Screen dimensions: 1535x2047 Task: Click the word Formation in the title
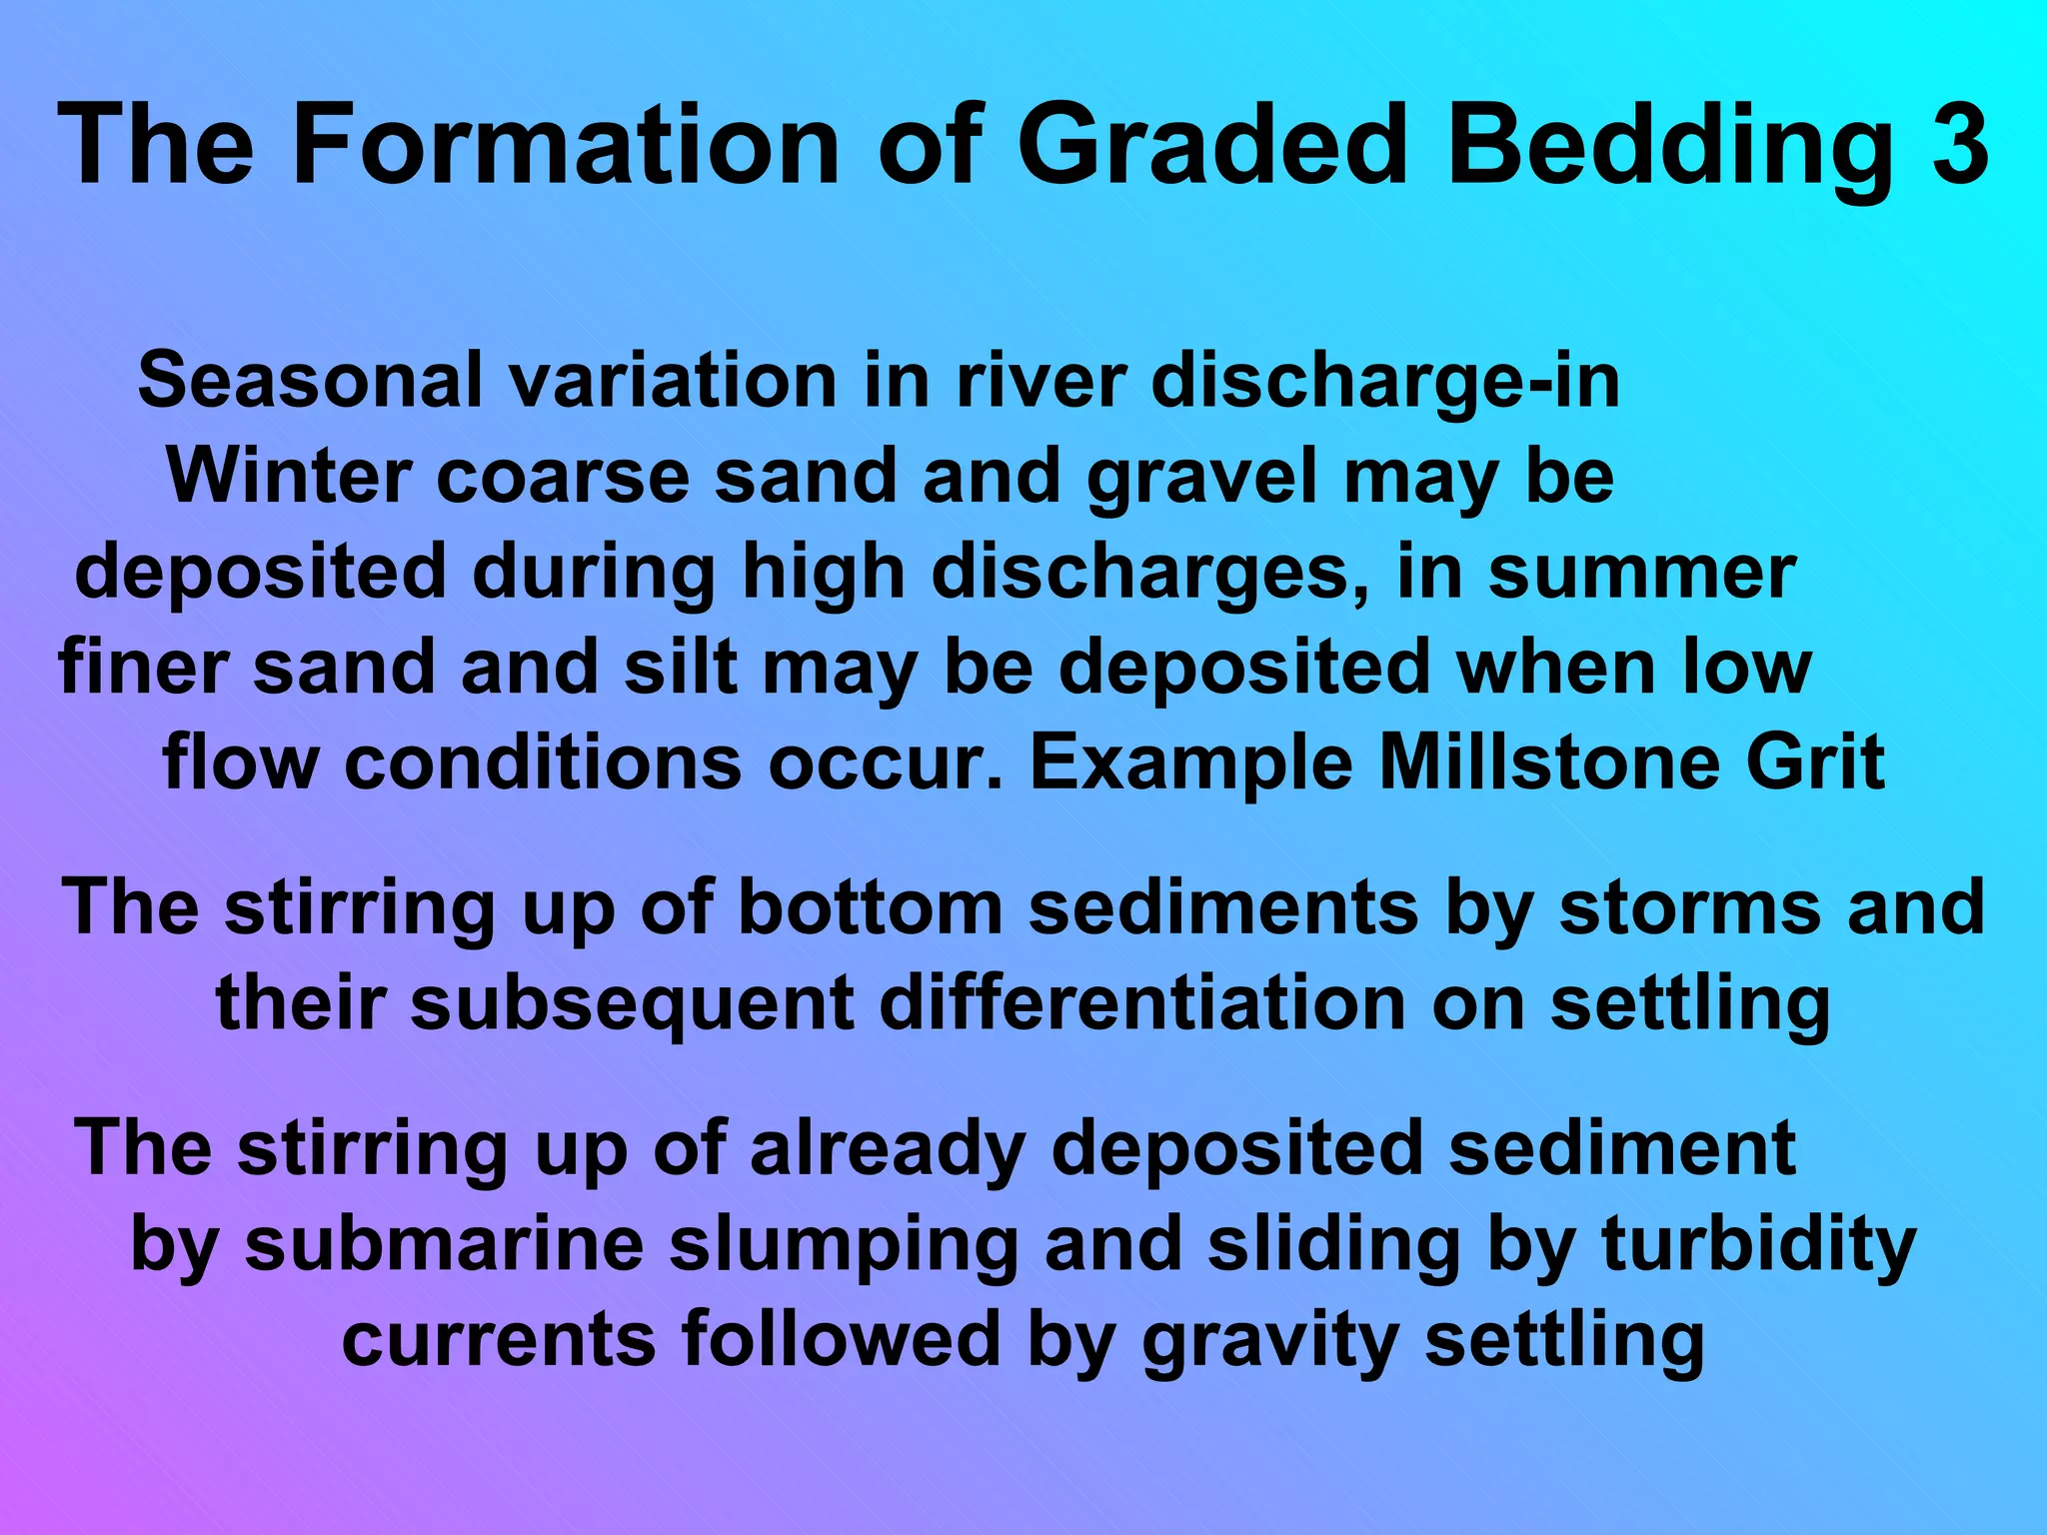565,145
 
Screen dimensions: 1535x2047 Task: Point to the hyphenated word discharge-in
1385,380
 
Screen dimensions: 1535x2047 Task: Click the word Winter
289,476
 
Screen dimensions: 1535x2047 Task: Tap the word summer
1642,572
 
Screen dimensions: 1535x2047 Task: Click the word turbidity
1759,1246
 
